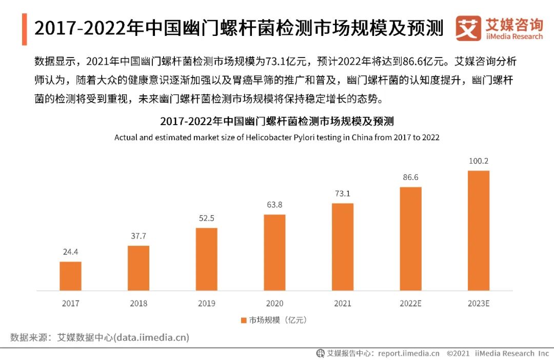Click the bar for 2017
click(x=70, y=276)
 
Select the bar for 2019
click(x=206, y=259)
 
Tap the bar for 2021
click(x=343, y=247)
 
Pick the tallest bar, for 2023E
click(x=479, y=230)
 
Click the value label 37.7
click(x=138, y=236)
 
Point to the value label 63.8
click(x=274, y=205)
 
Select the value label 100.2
click(x=479, y=161)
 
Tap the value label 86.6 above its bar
click(x=410, y=177)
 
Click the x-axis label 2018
click(x=138, y=303)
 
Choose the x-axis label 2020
click(x=274, y=303)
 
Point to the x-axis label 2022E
click(x=410, y=303)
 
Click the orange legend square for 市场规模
click(x=244, y=320)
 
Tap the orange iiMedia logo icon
click(x=468, y=28)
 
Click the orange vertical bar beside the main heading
click(x=24, y=29)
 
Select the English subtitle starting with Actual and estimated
click(x=276, y=137)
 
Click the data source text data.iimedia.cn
click(x=151, y=337)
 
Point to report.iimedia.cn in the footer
click(x=408, y=353)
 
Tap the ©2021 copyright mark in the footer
click(x=459, y=353)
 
